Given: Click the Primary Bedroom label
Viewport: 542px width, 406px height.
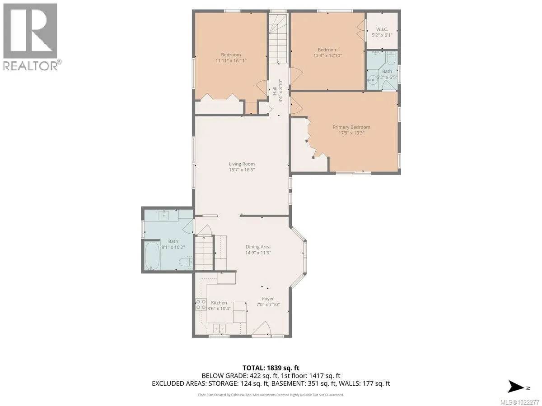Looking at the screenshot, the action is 351,127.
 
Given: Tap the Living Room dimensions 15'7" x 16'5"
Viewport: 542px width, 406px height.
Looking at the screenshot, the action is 242,170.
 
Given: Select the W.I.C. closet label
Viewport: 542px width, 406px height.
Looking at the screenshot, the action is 382,29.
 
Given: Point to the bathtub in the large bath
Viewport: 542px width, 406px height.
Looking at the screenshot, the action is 152,256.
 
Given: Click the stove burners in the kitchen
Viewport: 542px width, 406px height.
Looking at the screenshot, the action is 201,304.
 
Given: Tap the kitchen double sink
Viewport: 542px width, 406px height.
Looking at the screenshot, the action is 220,328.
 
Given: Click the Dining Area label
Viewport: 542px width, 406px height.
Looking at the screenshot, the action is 258,247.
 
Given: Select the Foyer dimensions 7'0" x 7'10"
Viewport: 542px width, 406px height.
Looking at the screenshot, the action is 268,304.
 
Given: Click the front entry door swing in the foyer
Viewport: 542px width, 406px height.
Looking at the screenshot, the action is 261,328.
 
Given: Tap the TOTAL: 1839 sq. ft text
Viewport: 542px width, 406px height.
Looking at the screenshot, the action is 271,368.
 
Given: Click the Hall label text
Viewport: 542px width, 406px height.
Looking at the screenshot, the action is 275,91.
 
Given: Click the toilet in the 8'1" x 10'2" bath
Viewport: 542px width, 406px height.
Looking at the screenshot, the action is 186,262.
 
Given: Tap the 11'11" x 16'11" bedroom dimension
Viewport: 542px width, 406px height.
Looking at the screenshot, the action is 231,60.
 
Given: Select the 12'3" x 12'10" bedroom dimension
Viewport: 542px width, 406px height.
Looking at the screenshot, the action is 327,55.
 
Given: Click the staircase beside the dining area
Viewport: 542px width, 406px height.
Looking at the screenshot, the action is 204,253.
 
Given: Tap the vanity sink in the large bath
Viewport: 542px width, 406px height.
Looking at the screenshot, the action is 164,216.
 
